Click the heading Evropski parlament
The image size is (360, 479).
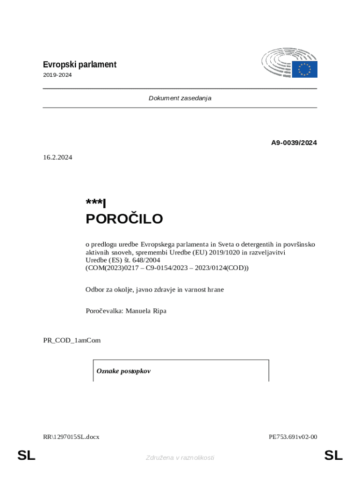click(x=79, y=65)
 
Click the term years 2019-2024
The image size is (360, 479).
click(x=58, y=75)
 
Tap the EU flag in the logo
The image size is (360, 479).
click(x=305, y=69)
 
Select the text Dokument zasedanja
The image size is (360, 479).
click(x=180, y=98)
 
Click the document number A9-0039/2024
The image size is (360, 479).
click(x=294, y=143)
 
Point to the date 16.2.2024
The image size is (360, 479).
click(x=58, y=158)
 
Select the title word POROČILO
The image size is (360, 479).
click(x=124, y=219)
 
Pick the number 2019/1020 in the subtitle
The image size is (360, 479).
click(x=223, y=252)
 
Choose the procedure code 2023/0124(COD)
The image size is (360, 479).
click(x=219, y=268)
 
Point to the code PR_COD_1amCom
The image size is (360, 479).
click(x=72, y=340)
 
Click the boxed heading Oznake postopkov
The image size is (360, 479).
click(x=123, y=371)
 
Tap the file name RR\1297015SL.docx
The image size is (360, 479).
click(x=71, y=437)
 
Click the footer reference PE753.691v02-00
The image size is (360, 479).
click(x=293, y=437)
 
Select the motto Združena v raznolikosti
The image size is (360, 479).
click(x=180, y=457)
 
